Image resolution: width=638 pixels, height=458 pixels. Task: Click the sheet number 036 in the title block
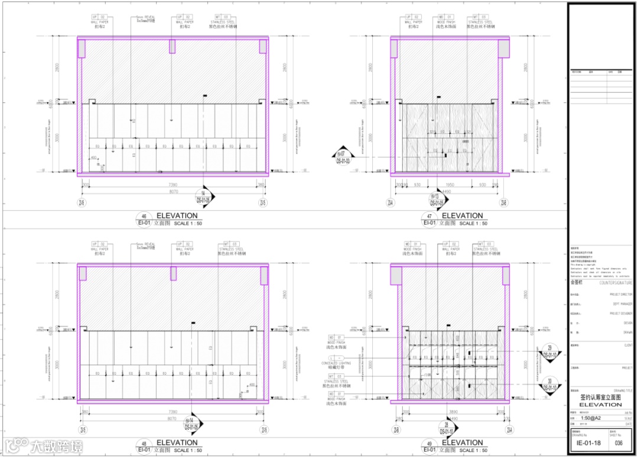point(619,443)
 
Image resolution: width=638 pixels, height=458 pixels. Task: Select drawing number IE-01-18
point(588,443)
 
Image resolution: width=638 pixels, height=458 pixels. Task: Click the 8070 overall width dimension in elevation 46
point(174,192)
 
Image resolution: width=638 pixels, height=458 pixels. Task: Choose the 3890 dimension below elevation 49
point(450,411)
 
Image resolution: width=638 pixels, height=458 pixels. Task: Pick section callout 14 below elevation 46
point(204,197)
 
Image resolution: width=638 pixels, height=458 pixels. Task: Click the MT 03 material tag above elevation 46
point(226,17)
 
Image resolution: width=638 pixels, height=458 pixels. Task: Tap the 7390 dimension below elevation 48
point(174,411)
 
